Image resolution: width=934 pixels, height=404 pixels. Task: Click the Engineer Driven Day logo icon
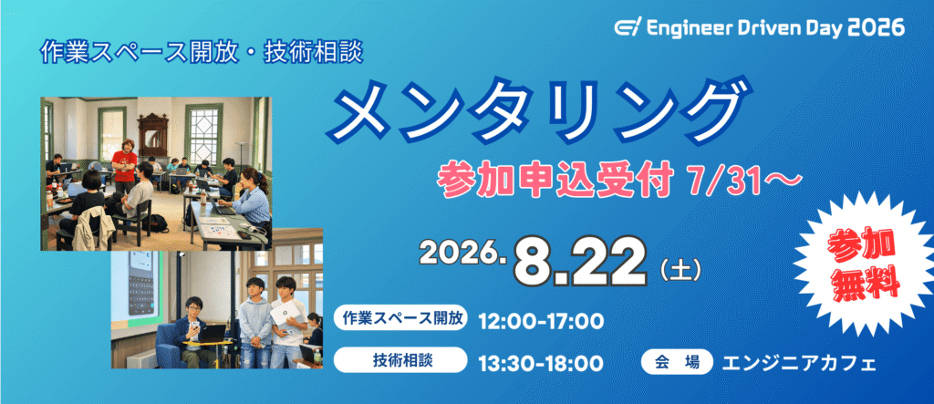(626, 27)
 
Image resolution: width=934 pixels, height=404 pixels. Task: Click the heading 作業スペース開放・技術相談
(202, 54)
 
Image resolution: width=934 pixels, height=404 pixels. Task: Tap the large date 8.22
(581, 263)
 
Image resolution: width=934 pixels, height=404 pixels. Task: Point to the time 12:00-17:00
(542, 322)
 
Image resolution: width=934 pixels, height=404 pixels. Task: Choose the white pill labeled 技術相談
(400, 360)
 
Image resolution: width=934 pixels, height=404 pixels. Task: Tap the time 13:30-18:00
(542, 362)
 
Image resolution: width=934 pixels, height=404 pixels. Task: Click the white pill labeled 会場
(677, 361)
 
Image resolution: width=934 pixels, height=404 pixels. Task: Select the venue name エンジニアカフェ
(799, 362)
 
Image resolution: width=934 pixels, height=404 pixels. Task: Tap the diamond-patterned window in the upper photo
(203, 132)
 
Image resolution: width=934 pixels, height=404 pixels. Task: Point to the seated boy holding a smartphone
(193, 329)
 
